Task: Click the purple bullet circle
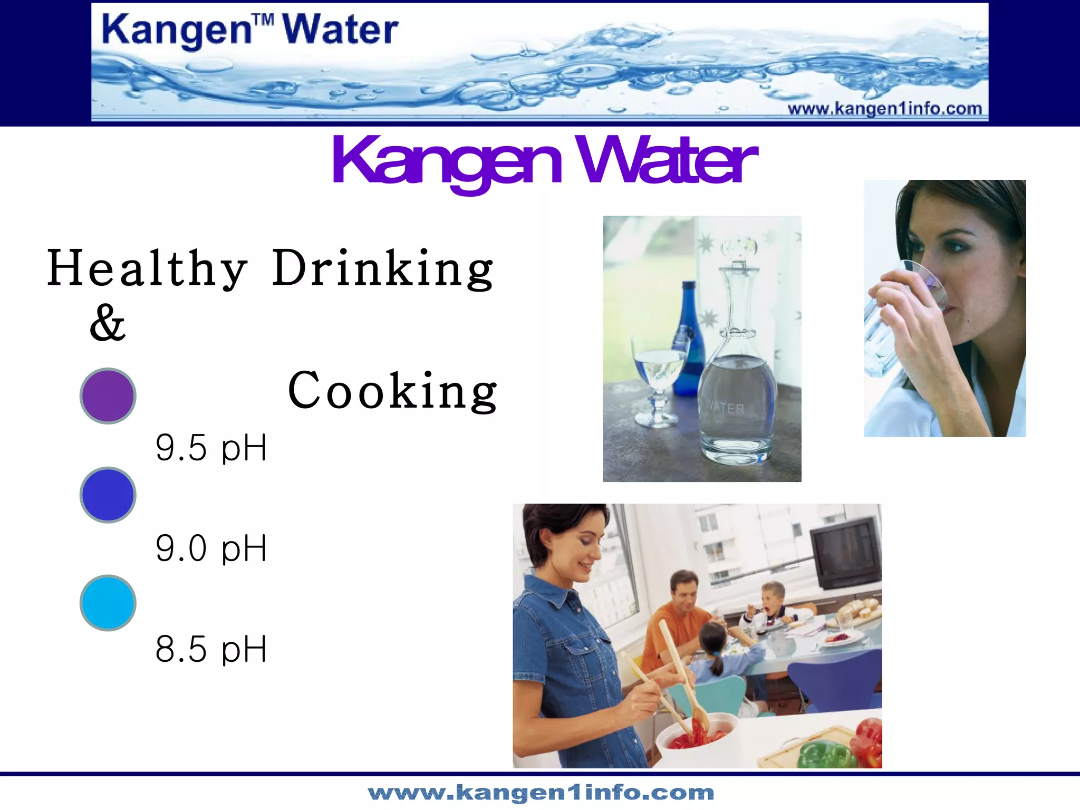coord(108,396)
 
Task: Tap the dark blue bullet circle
coord(108,495)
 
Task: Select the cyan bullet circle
coord(108,603)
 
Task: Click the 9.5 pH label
coord(211,448)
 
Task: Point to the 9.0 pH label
coord(211,548)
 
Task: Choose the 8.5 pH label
coord(211,649)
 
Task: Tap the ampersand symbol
coord(108,323)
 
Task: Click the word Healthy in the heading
coord(147,268)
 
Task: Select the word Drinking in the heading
coord(383,268)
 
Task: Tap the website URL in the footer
coord(541,793)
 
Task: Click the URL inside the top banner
coord(884,109)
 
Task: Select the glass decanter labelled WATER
coord(737,380)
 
